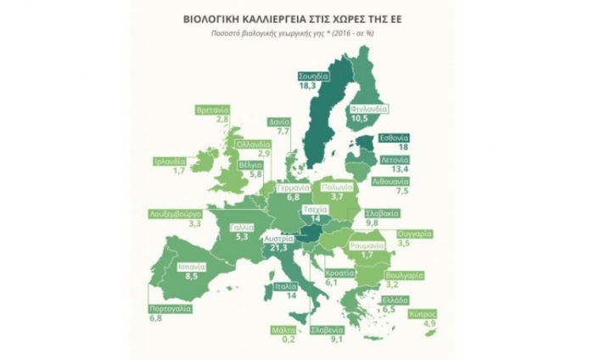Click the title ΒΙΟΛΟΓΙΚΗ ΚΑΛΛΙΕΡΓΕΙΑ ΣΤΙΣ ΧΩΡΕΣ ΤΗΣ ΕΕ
point(297,17)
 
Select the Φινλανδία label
point(367,110)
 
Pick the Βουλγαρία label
point(392,276)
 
